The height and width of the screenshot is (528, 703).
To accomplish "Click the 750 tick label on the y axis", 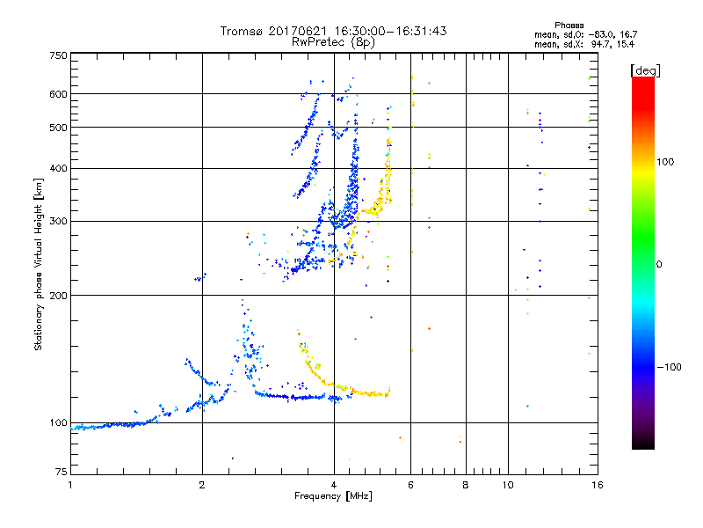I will click(x=58, y=55).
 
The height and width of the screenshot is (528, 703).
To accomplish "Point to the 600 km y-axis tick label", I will click(x=58, y=94).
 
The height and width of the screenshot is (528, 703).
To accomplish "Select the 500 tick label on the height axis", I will click(x=58, y=128).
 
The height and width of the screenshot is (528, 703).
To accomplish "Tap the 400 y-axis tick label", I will click(x=58, y=169).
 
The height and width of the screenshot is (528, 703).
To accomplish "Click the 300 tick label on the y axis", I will click(x=58, y=222).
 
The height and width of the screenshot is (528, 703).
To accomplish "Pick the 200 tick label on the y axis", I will click(x=58, y=296).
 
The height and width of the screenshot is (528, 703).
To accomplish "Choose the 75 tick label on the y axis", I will click(x=61, y=473).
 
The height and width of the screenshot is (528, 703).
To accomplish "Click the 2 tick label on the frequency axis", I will click(x=202, y=485).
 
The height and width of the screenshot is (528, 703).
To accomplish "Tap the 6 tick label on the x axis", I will click(x=410, y=485).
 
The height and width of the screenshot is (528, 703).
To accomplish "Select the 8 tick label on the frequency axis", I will click(x=466, y=485).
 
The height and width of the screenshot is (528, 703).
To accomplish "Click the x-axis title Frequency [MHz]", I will click(x=333, y=496).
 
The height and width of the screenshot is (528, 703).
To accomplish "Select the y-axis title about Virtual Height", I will click(x=39, y=264).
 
